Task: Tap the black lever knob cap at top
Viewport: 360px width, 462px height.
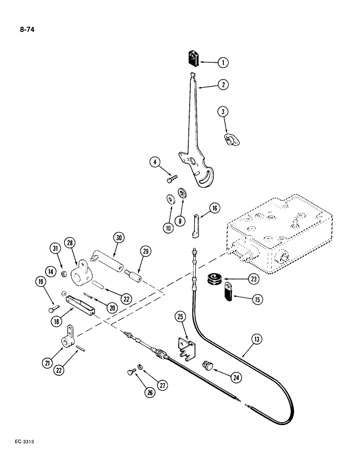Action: click(193, 59)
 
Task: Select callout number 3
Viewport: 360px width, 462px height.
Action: click(223, 111)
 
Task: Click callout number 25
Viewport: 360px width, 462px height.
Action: click(181, 317)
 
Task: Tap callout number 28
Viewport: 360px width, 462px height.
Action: click(70, 243)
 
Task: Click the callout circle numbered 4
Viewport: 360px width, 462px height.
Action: click(156, 162)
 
